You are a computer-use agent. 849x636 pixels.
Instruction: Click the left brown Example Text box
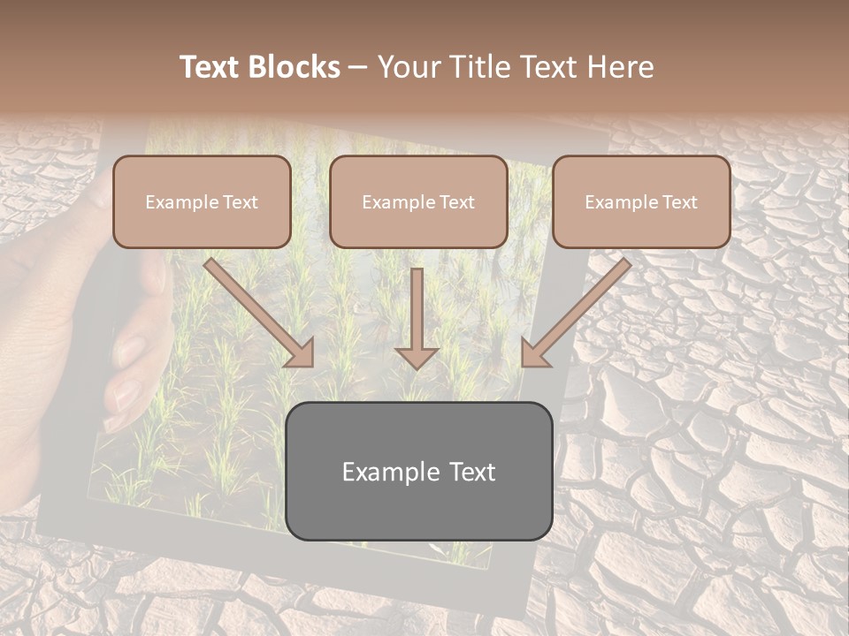click(202, 202)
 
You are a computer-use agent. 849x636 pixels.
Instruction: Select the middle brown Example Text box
click(418, 202)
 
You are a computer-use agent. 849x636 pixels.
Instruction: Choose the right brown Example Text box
click(641, 202)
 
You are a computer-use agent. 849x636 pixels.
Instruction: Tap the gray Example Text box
click(418, 471)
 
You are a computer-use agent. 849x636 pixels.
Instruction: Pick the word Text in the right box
click(679, 202)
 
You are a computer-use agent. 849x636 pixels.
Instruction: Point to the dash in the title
click(358, 67)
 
